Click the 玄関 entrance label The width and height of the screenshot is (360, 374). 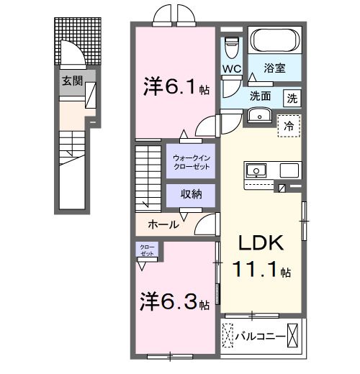click(x=69, y=81)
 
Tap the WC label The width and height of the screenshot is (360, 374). click(x=231, y=69)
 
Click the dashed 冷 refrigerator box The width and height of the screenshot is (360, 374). click(x=289, y=125)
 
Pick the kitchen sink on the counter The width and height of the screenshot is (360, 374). click(x=256, y=171)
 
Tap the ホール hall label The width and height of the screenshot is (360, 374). click(x=163, y=224)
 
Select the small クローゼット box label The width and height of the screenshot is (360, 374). click(x=147, y=251)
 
